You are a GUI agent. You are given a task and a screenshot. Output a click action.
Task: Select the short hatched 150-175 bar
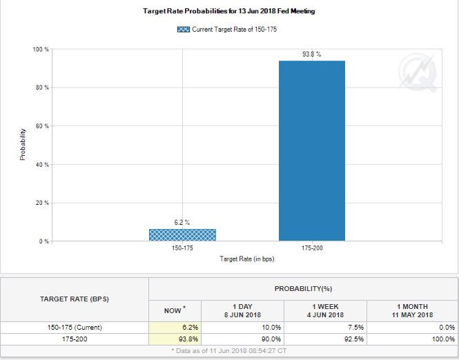182,234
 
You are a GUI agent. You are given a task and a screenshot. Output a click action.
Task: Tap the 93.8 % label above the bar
311,54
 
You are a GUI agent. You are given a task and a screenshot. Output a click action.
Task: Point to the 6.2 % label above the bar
182,222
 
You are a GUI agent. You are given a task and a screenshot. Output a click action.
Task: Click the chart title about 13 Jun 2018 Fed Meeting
228,12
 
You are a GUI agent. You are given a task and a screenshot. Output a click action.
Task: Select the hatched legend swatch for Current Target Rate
184,29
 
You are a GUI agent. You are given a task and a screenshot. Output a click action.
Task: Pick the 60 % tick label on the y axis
41,126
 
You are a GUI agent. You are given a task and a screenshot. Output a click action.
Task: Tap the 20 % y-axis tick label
41,203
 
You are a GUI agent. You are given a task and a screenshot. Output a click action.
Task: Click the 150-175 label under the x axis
182,248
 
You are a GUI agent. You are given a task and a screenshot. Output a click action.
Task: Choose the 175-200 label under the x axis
311,248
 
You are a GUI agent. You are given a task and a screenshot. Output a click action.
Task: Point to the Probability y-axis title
23,145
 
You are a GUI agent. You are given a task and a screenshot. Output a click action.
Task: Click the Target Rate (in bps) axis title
247,259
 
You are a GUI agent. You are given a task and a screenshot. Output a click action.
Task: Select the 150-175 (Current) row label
75,327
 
